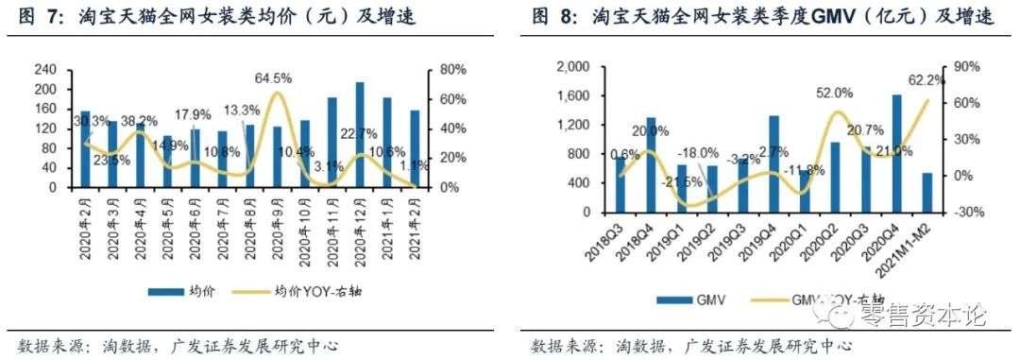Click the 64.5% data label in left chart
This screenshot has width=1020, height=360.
tap(278, 76)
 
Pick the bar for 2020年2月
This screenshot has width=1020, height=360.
tap(85, 148)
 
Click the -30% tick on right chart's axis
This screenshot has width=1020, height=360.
tap(966, 213)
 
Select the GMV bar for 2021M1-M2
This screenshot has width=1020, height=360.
tap(926, 193)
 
